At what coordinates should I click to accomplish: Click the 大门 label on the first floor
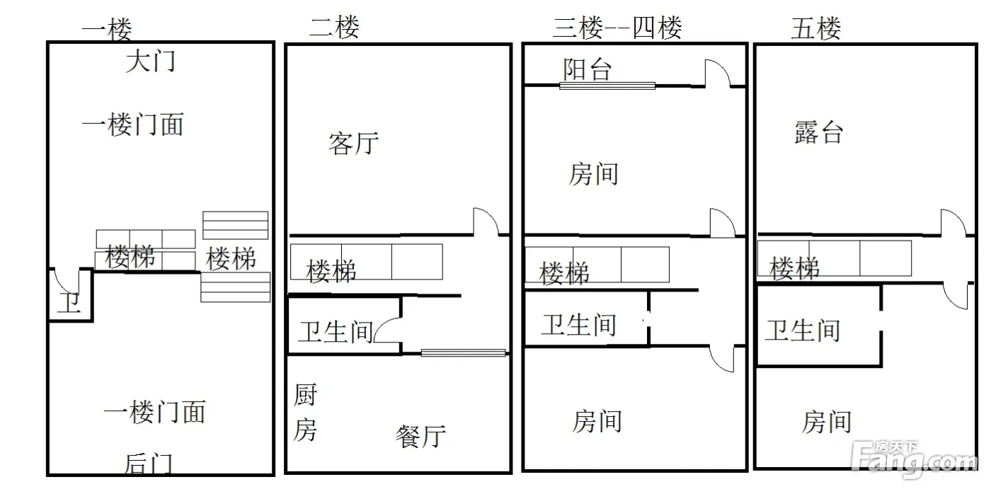(150, 61)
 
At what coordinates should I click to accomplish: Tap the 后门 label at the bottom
(148, 464)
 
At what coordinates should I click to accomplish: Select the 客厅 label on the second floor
(353, 143)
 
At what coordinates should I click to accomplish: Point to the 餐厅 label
(420, 437)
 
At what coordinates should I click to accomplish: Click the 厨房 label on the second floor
(305, 412)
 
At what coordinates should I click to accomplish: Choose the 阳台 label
(587, 69)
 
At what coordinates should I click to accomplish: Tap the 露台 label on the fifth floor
(818, 132)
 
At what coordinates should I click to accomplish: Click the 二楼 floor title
(334, 27)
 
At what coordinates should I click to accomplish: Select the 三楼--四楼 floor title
(617, 28)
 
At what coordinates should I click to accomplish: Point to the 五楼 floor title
(815, 28)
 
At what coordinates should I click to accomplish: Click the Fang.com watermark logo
(914, 460)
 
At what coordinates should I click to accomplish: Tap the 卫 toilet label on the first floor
(70, 302)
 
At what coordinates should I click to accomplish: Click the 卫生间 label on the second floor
(336, 332)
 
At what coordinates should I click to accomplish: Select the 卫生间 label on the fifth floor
(803, 330)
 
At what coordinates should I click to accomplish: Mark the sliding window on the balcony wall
(607, 86)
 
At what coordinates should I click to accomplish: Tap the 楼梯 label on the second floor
(331, 270)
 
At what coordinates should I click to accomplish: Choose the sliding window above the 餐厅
(463, 352)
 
